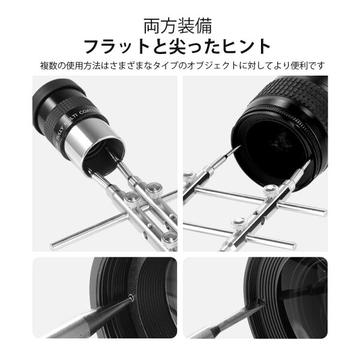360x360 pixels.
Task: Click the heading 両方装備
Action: [178, 26]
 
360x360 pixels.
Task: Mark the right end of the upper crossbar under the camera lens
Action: [324, 211]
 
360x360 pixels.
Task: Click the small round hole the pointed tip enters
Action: [131, 297]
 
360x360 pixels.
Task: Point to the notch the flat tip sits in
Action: [260, 301]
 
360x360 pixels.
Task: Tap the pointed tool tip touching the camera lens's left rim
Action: [240, 146]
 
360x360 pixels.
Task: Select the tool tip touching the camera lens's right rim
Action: [309, 162]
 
